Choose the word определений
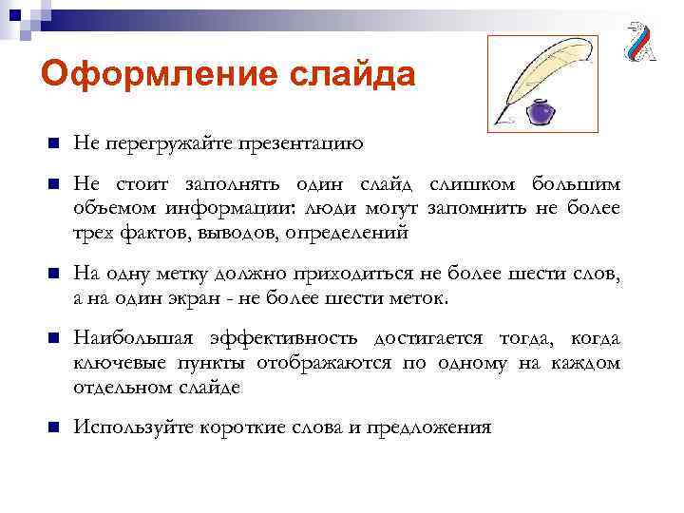[x=351, y=231]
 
